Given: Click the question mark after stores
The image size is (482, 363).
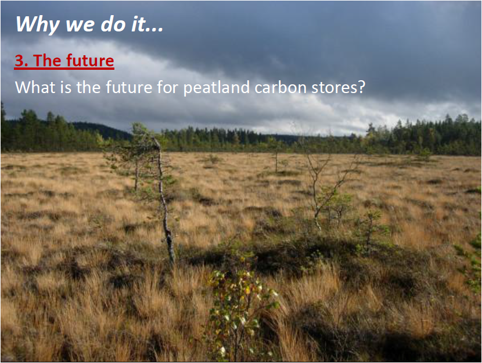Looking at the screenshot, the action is pos(361,87).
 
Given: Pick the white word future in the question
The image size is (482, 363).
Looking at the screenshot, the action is pos(129,87).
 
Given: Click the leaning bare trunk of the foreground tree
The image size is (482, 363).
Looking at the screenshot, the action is pos(164,203).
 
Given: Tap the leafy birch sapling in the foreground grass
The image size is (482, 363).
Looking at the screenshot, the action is pos(240,311).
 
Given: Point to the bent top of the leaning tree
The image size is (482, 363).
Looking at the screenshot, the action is pos(157,143).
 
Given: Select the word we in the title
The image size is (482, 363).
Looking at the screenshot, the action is pos(80,26).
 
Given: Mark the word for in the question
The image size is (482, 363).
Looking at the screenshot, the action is pos(167,87).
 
